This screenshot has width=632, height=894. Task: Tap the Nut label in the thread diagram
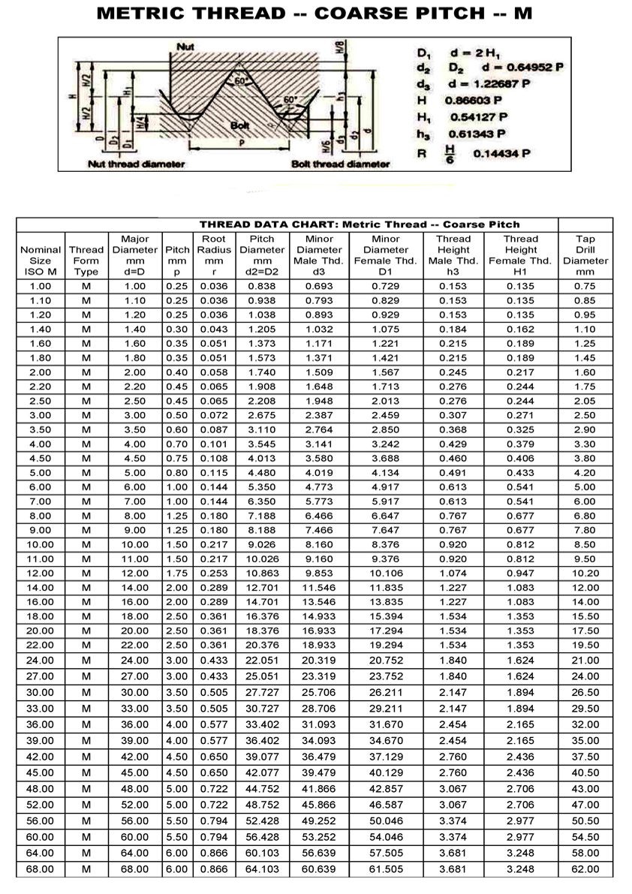[x=185, y=47]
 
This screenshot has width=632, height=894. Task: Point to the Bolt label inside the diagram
[x=240, y=125]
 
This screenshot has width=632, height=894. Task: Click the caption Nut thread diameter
[x=136, y=164]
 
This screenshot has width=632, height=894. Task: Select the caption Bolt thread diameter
[x=340, y=164]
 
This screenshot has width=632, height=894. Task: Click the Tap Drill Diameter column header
[x=585, y=255]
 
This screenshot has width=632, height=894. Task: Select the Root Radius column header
[x=214, y=255]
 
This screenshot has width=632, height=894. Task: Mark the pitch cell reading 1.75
[x=177, y=573]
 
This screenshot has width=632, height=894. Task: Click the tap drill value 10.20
[x=585, y=573]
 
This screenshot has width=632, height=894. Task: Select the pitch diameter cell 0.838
[x=262, y=286]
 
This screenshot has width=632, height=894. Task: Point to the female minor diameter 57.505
[x=386, y=853]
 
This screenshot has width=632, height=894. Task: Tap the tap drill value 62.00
[x=585, y=869]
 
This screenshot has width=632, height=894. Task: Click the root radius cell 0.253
[x=214, y=573]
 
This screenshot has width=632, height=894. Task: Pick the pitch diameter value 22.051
[x=262, y=661]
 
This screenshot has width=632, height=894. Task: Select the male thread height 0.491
[x=453, y=473]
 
